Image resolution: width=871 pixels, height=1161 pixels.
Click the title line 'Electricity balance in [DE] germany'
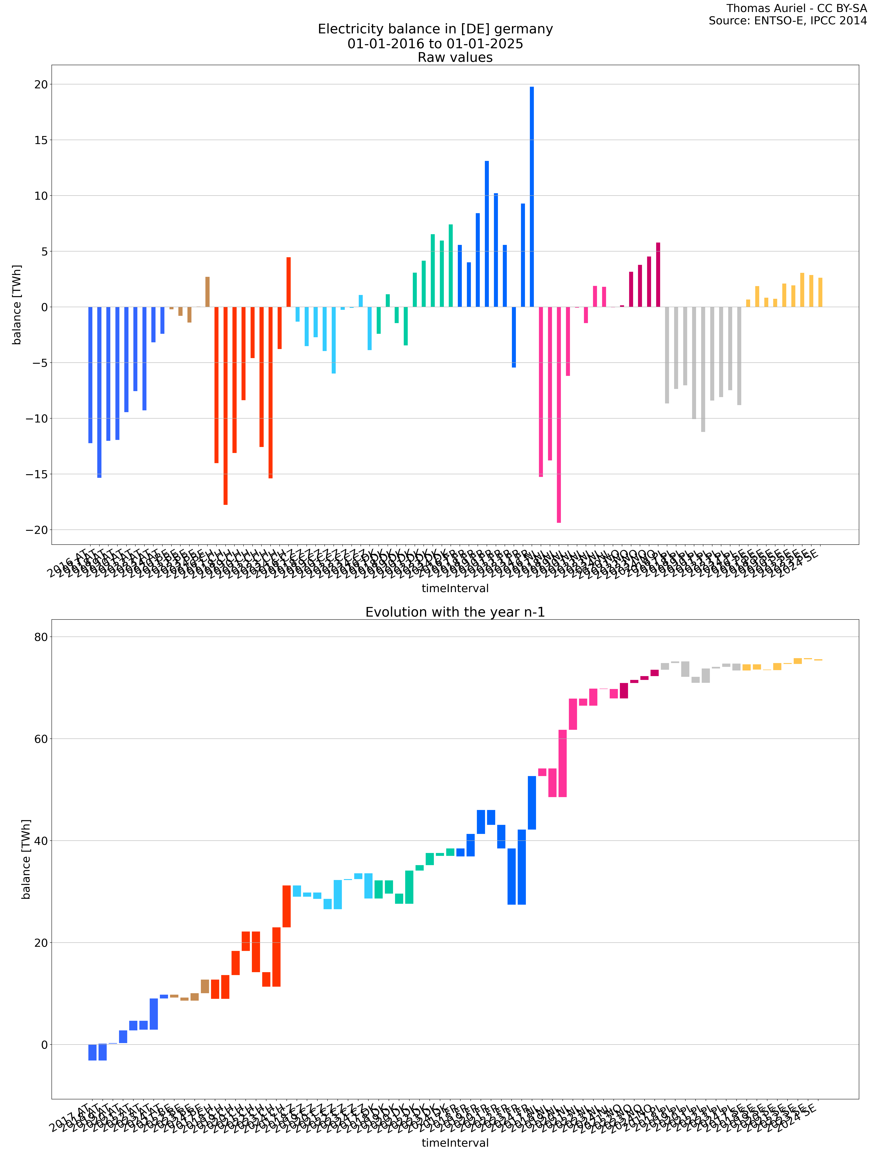point(435,29)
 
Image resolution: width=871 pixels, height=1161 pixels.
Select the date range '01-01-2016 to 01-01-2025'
point(435,44)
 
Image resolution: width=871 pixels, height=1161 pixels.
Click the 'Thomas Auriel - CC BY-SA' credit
point(796,8)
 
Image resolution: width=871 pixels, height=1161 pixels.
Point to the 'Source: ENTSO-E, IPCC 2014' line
point(788,21)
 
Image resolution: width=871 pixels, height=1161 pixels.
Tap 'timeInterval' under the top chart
point(455,588)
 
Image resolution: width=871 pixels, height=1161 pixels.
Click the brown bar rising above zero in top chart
point(207,292)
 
